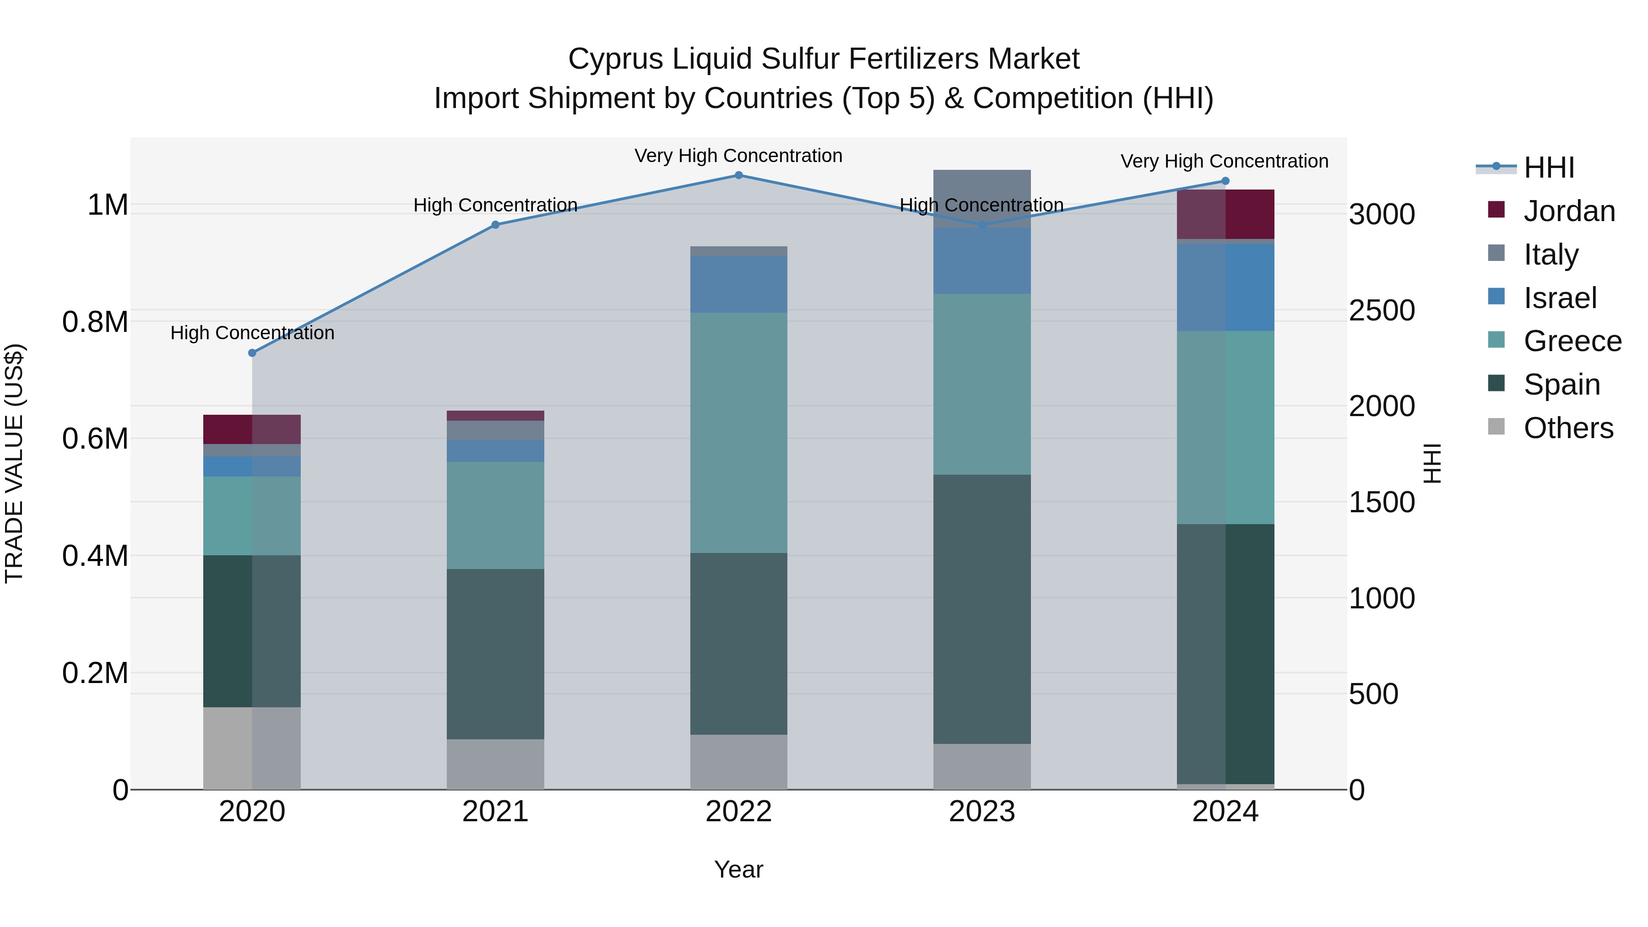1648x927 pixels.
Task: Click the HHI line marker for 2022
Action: click(x=738, y=175)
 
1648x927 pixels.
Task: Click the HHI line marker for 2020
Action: click(x=252, y=352)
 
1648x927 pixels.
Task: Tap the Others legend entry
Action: click(x=1567, y=428)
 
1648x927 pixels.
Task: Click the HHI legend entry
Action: click(x=1548, y=168)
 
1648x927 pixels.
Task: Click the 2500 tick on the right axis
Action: click(x=1382, y=310)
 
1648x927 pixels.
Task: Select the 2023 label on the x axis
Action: click(x=981, y=812)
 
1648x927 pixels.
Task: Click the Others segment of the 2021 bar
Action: click(x=495, y=764)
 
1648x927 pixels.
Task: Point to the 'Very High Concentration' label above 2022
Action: click(x=738, y=156)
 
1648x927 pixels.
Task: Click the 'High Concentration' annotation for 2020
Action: click(x=252, y=333)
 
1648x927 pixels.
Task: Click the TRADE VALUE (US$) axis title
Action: click(x=14, y=463)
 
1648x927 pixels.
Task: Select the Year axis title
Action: click(x=738, y=869)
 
